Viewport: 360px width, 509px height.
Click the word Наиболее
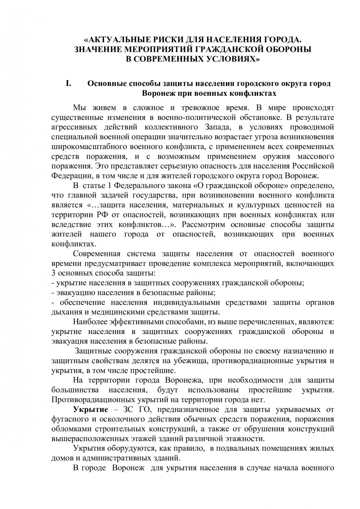(88, 321)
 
